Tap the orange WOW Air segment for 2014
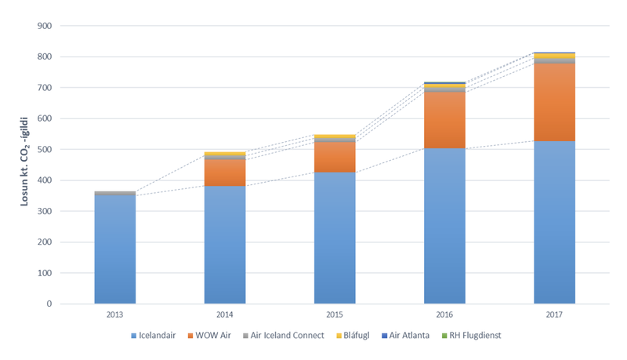tap(225, 173)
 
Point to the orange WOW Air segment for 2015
tap(335, 157)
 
